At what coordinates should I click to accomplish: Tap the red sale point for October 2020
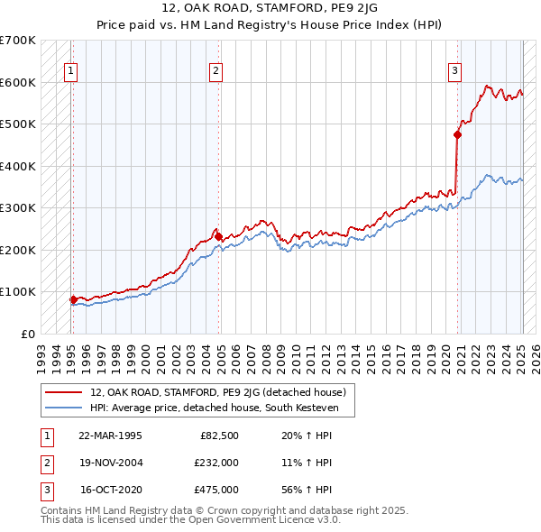[457, 135]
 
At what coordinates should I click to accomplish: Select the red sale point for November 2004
[218, 236]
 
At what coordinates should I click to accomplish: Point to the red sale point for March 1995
[73, 299]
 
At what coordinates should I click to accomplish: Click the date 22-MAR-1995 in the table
[110, 436]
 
